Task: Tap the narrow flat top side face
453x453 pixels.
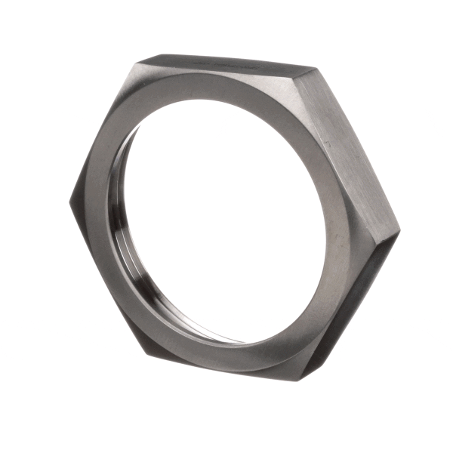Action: (234, 62)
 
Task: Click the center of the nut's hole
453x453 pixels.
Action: (226, 219)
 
